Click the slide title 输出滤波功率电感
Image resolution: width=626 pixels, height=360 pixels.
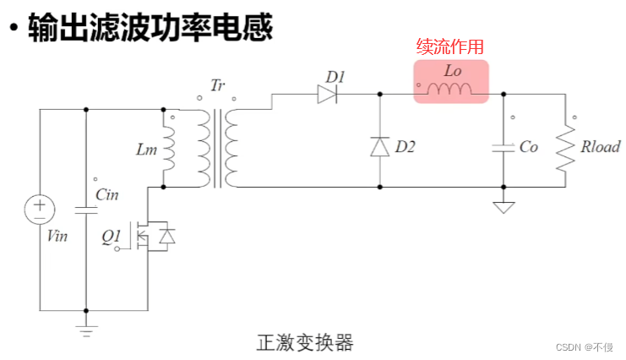pyautogui.click(x=151, y=29)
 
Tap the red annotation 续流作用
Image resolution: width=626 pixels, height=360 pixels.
pyautogui.click(x=450, y=47)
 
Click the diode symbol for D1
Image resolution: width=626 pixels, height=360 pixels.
pyautogui.click(x=328, y=95)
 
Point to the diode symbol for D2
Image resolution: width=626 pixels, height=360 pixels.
pyautogui.click(x=379, y=146)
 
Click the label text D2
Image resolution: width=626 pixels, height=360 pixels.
pyautogui.click(x=406, y=147)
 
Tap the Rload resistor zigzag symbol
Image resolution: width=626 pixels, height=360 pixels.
pyautogui.click(x=564, y=147)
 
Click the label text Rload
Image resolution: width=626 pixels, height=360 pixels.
pyautogui.click(x=601, y=147)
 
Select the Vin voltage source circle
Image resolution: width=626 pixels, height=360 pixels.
pyautogui.click(x=39, y=210)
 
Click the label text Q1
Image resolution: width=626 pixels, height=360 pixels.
pyautogui.click(x=112, y=237)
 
